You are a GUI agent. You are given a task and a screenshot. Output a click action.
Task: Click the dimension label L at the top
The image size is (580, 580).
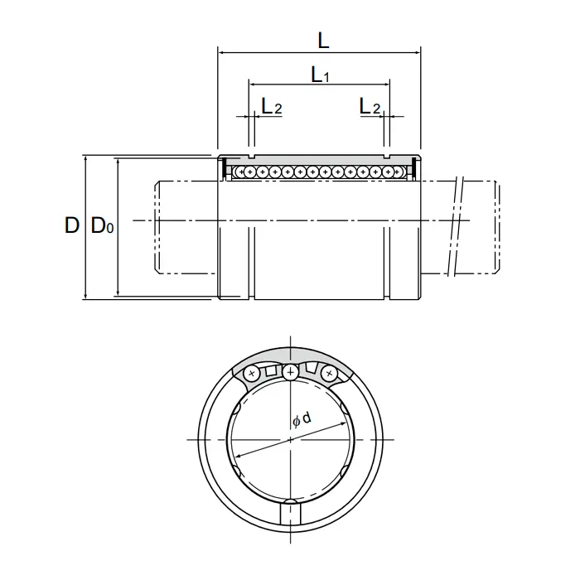[323, 41]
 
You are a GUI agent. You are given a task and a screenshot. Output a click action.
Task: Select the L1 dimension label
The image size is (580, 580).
[320, 75]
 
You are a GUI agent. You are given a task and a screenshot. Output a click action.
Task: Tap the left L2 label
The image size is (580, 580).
[272, 106]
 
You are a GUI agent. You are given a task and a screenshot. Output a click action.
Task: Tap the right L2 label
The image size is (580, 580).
[370, 106]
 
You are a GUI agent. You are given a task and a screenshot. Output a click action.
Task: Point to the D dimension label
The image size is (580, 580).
[72, 225]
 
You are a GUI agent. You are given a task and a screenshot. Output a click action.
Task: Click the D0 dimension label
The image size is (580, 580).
[102, 225]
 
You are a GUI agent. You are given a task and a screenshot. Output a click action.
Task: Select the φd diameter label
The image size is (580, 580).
[302, 419]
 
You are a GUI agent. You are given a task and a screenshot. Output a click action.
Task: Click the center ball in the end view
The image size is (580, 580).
[290, 372]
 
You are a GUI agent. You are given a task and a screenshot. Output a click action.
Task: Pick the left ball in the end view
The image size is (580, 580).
[252, 373]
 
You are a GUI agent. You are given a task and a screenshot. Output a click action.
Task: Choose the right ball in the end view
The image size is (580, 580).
[328, 373]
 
